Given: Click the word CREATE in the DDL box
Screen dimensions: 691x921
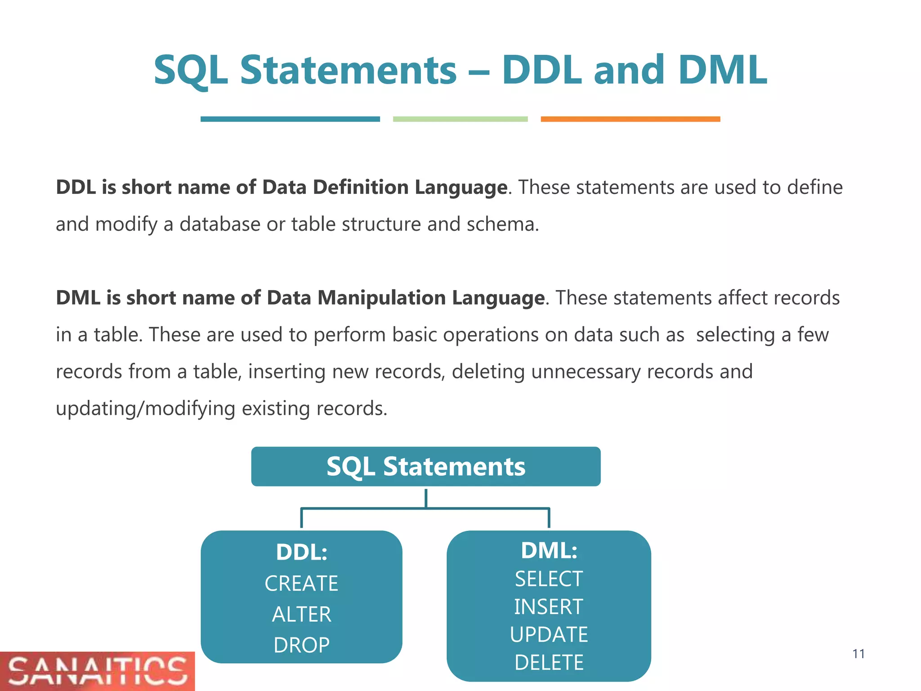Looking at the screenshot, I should (x=301, y=583).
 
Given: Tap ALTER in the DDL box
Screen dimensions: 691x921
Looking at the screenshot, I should (x=301, y=615).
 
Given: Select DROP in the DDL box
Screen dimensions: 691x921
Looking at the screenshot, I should (x=301, y=645).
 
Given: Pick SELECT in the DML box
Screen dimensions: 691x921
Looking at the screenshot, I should (x=549, y=579).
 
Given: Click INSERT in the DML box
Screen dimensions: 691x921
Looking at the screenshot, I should (x=549, y=607).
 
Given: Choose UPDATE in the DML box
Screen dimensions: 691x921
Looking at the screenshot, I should (x=549, y=635).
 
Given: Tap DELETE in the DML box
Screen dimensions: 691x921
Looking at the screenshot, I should (x=549, y=663).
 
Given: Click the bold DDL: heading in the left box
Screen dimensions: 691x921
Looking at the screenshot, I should (x=301, y=552).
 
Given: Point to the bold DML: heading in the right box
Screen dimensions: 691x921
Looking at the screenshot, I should (x=549, y=551).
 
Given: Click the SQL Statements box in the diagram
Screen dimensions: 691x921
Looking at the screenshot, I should (x=425, y=467).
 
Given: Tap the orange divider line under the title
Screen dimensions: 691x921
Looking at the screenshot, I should (x=630, y=119).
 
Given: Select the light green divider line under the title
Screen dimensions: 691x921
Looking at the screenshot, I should (x=460, y=119).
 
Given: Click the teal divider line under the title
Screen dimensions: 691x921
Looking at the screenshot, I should (x=290, y=119).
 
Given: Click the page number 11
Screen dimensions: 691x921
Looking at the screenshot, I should (x=858, y=654).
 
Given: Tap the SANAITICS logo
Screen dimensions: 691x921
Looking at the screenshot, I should (x=97, y=671).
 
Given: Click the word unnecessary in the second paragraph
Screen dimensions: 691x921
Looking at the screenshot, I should (x=586, y=372).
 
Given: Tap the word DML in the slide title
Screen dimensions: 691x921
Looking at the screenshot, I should (x=722, y=70).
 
